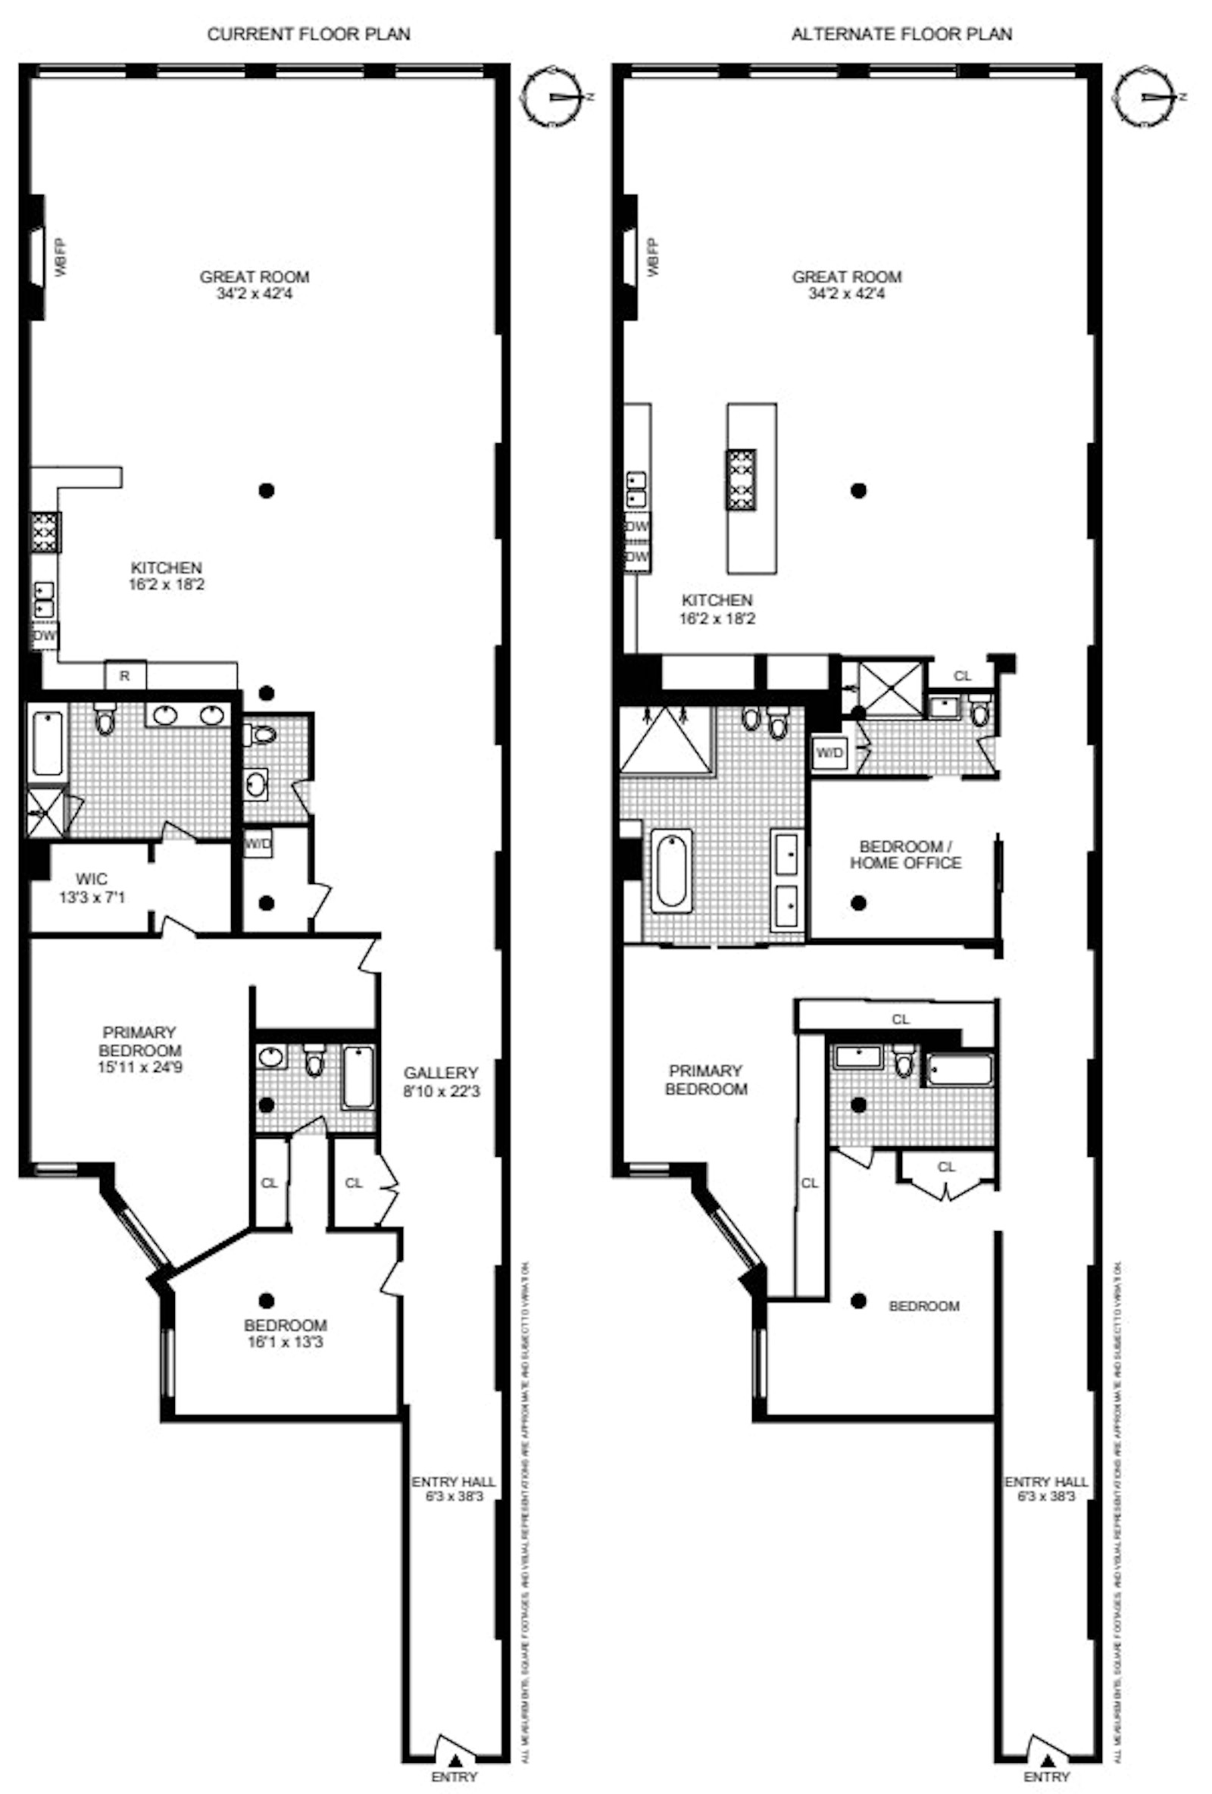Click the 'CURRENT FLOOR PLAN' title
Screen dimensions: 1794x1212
point(308,34)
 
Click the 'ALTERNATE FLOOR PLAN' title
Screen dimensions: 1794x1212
point(901,34)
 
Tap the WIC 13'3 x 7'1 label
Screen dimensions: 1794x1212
point(92,888)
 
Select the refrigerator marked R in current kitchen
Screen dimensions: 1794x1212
point(124,676)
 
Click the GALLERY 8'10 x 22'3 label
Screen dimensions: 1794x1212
point(441,1082)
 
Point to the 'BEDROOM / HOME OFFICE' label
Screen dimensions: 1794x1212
point(905,855)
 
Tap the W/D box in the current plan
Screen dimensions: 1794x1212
point(258,844)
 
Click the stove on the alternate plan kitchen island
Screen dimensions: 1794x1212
point(739,480)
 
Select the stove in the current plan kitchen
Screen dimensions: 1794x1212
point(45,532)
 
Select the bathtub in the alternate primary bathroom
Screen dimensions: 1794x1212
point(672,867)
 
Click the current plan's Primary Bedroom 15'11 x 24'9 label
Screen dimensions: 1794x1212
point(139,1050)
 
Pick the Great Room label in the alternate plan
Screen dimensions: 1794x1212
point(847,284)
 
